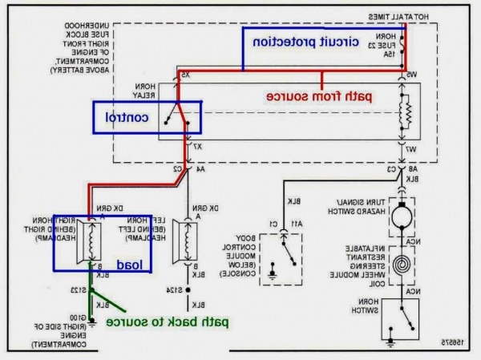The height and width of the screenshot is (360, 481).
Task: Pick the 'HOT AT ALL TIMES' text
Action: coord(400,16)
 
